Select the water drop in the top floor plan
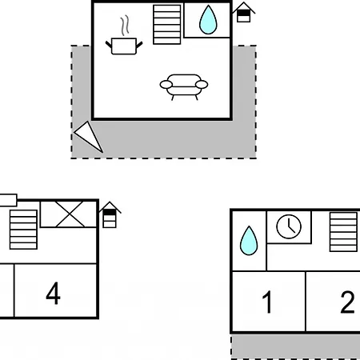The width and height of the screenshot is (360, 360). tap(208, 20)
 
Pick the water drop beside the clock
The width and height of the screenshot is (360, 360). tap(249, 241)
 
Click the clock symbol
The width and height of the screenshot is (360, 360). tap(289, 226)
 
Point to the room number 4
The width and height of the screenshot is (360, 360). tap(53, 294)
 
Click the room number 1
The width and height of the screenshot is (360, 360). tap(267, 302)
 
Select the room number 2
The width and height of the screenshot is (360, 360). tap(347, 302)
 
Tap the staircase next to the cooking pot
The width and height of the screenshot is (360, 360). tap(167, 25)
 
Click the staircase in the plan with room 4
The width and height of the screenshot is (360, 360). tap(23, 230)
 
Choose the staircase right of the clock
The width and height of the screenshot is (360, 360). tap(343, 232)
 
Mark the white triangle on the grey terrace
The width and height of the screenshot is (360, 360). tap(89, 136)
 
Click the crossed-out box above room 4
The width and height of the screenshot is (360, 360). tap(68, 214)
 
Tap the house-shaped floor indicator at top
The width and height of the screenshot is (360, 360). tap(243, 12)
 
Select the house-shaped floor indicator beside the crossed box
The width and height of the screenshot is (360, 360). tap(110, 215)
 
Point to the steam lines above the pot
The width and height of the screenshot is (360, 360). tap(125, 26)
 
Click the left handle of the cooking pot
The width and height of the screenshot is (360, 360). tap(109, 45)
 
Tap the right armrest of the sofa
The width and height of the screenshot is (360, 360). tap(202, 85)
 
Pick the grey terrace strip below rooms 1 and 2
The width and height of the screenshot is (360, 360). tap(295, 346)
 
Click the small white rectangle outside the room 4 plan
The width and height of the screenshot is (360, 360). tap(8, 200)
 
